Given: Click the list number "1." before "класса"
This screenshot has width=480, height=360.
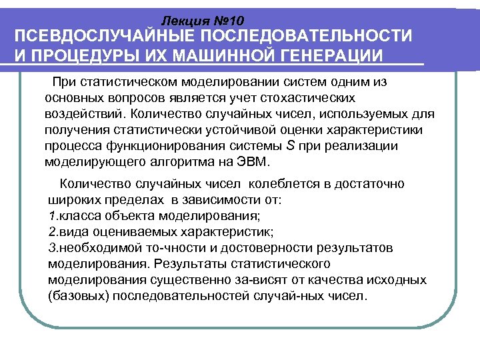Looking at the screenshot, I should coord(54,216).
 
